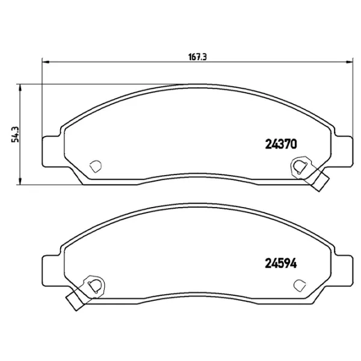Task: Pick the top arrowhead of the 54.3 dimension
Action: pyautogui.click(x=22, y=87)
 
